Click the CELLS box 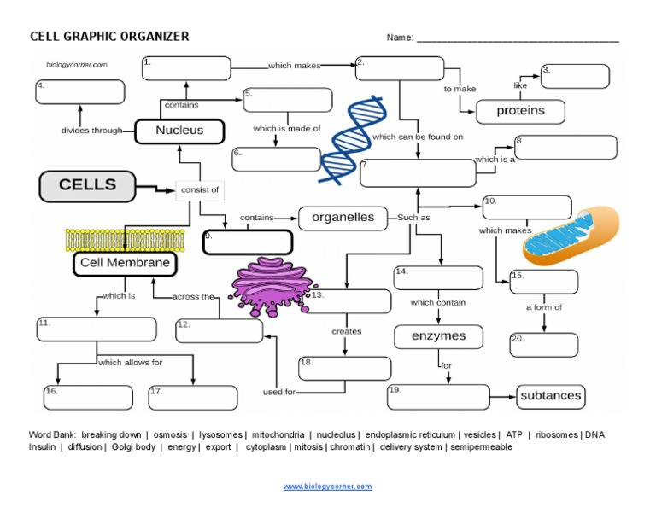(x=88, y=185)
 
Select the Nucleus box (x=179, y=131)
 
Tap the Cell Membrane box (x=125, y=264)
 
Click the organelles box (x=343, y=218)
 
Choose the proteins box (x=520, y=111)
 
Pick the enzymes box (x=438, y=336)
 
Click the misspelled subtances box (x=551, y=395)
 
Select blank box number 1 (x=186, y=68)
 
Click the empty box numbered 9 (x=247, y=242)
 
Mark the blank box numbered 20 (x=543, y=345)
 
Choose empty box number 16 (x=88, y=397)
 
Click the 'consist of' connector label (x=198, y=189)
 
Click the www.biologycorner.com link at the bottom (x=328, y=487)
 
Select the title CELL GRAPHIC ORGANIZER (x=109, y=37)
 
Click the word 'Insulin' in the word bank (x=42, y=446)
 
